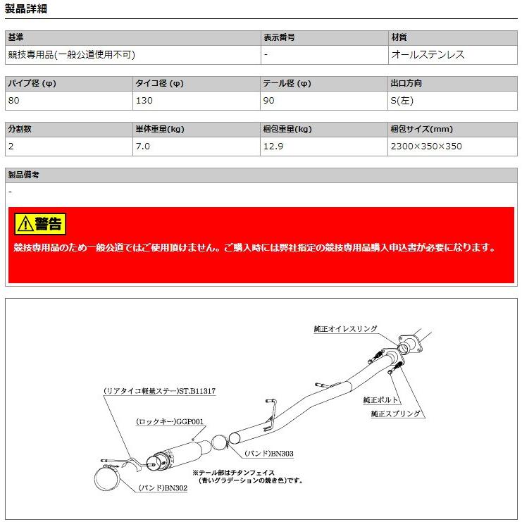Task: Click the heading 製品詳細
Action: (x=25, y=9)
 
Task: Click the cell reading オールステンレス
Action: (x=427, y=54)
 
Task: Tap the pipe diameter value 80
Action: (x=13, y=100)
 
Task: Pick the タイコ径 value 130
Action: (x=143, y=100)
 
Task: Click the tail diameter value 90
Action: (x=269, y=100)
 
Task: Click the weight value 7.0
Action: (x=142, y=147)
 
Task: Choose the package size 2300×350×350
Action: (x=425, y=147)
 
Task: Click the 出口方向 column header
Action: (x=406, y=83)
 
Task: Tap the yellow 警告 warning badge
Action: (x=39, y=224)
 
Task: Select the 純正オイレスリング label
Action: (x=346, y=329)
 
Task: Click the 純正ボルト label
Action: (x=380, y=399)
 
